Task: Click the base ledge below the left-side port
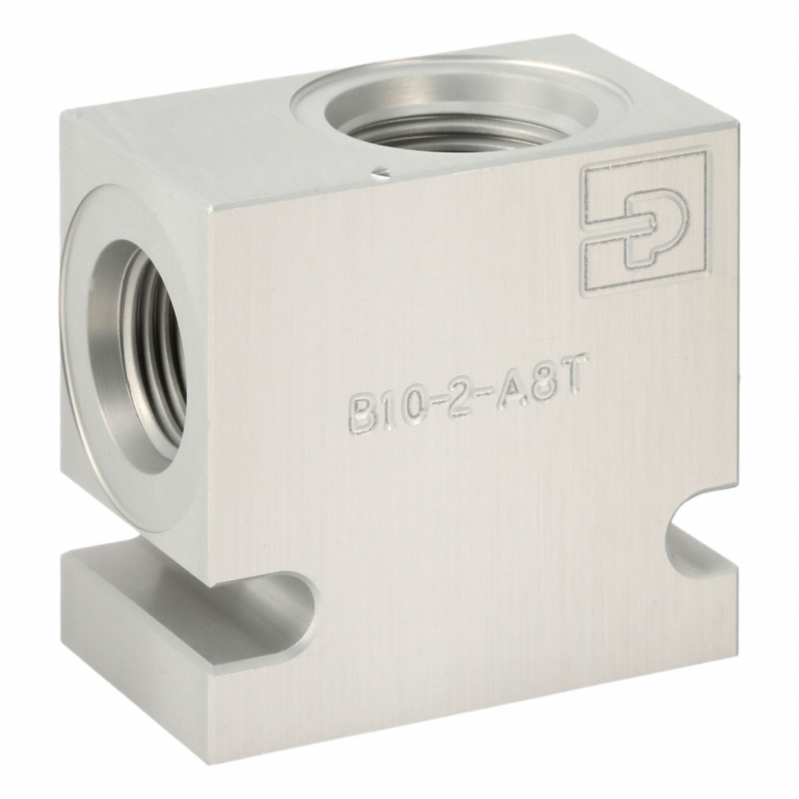137,550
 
